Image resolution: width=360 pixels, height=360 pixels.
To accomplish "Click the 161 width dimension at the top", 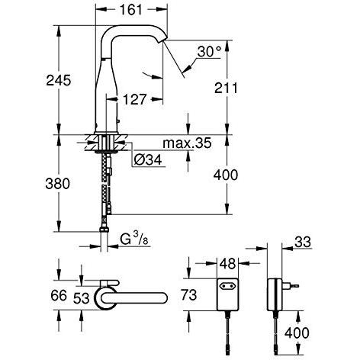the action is coord(131,9).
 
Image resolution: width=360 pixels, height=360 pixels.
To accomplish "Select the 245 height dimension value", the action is coord(59,80).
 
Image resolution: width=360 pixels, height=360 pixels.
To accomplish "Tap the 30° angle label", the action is coord(209,52).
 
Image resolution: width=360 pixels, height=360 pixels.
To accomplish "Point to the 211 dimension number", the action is coord(226,88).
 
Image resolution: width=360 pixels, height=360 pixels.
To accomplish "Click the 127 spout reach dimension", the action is coord(135,99).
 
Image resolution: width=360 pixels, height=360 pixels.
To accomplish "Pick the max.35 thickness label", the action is coord(187,143).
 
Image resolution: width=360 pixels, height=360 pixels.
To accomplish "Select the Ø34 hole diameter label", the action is coord(148,160).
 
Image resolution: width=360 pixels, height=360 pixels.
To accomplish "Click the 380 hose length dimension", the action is coord(57,184).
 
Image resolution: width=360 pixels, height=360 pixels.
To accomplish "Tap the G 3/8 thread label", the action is coord(134,239).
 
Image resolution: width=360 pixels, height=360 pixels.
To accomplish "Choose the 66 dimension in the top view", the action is coord(59,295).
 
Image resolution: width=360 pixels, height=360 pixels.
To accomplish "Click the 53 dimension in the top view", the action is coord(82,298).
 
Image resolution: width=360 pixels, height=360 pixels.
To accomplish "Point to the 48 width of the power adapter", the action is coord(227,264).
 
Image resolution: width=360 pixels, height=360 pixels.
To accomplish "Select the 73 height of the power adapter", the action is coord(189,295).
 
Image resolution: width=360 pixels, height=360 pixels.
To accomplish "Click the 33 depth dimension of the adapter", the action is coord(303,242).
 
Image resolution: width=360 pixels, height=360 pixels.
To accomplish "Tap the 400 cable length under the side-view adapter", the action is coord(297,333).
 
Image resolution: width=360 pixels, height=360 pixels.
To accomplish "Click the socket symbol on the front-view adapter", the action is coord(227,287).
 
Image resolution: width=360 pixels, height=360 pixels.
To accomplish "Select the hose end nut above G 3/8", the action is coord(104,230).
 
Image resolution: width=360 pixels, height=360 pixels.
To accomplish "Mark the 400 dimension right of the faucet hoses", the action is coord(226,175).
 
